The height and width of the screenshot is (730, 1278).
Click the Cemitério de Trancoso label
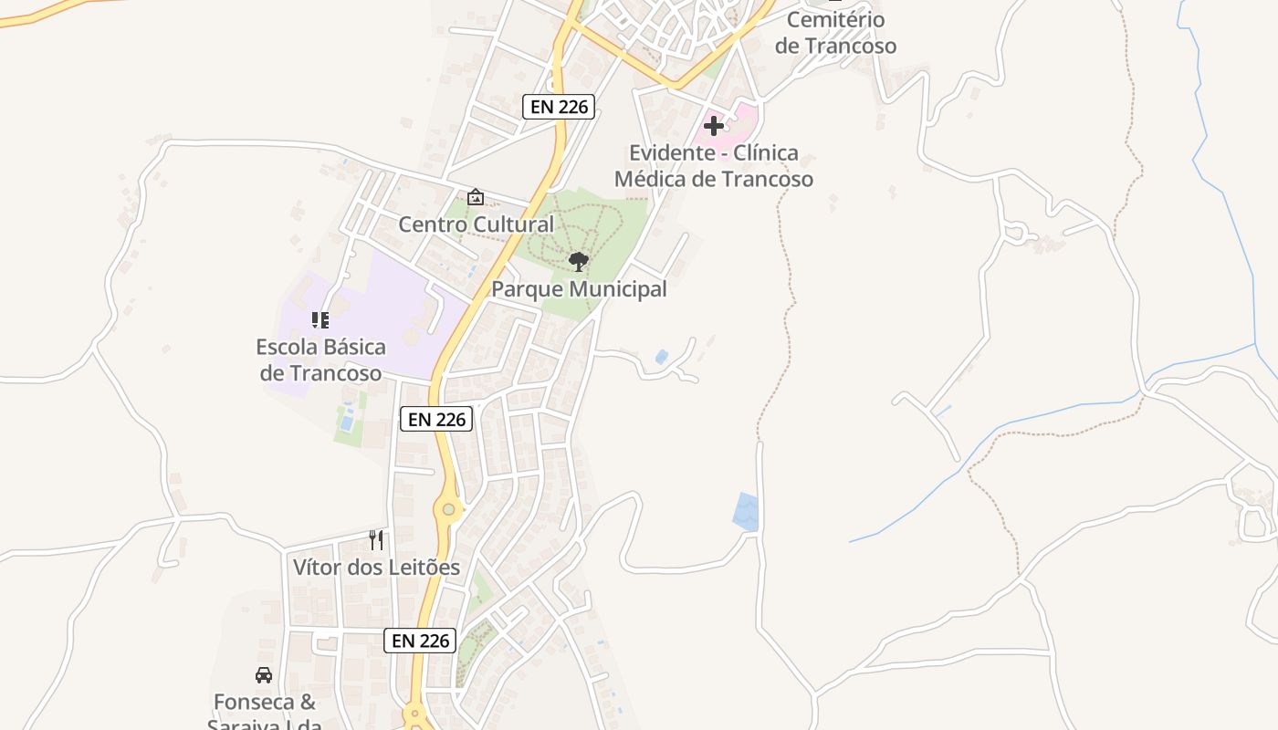point(835,33)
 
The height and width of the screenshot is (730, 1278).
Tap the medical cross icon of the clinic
point(714,126)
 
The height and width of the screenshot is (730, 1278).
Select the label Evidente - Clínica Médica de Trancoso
point(713,166)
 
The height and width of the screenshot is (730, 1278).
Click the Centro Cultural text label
point(476,224)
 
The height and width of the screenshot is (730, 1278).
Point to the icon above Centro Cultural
point(475,197)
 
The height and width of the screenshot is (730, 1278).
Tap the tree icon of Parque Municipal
point(578,263)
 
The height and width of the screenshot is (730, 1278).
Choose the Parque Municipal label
point(579,290)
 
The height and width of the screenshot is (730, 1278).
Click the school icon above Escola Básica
point(319,320)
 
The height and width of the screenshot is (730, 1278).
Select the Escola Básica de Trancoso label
point(320,360)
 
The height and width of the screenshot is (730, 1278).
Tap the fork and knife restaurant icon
point(375,540)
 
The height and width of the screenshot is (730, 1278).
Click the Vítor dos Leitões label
point(376,568)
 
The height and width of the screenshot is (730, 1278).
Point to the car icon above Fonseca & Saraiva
point(264,675)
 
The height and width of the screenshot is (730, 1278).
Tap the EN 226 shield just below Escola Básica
point(436,420)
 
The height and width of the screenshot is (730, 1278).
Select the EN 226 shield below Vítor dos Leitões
point(420,641)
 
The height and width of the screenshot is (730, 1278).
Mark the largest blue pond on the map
point(746,512)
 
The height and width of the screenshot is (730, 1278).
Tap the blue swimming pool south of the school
point(347,422)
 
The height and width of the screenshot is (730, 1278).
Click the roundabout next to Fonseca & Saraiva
point(415,715)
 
